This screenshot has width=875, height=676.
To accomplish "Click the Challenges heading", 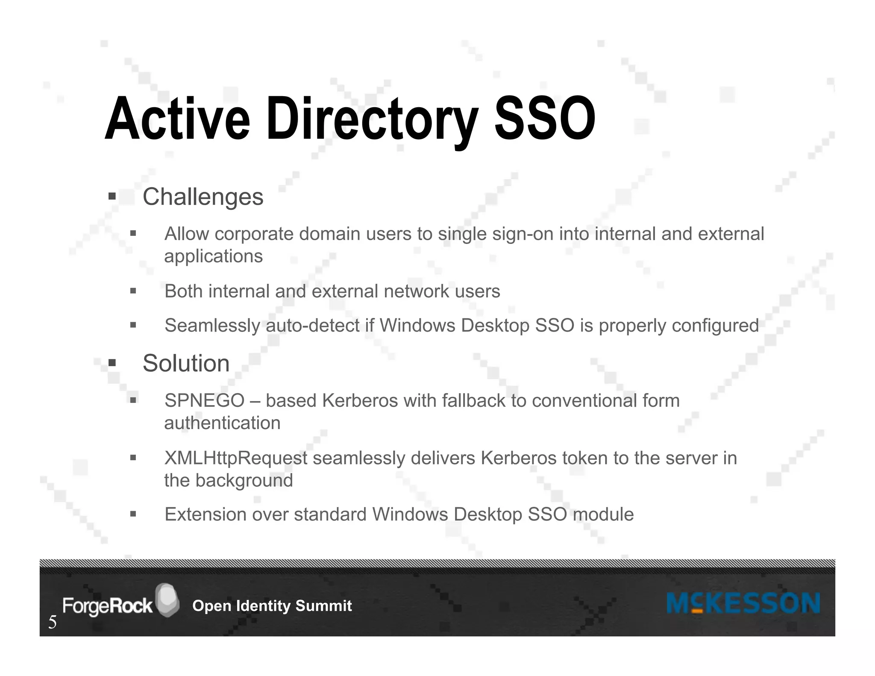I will click(x=203, y=197).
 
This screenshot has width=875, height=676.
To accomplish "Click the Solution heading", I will click(x=186, y=363).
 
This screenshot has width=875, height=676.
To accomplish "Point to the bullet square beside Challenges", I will click(x=112, y=197).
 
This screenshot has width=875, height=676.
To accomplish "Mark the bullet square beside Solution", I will click(x=112, y=363).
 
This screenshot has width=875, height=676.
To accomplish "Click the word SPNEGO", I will click(x=204, y=401).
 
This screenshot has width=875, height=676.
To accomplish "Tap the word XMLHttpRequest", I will click(x=235, y=458).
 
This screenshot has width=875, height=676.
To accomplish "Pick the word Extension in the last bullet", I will click(x=205, y=514).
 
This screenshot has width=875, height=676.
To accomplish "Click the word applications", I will click(x=213, y=256).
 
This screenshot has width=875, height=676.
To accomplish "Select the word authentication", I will click(x=222, y=423).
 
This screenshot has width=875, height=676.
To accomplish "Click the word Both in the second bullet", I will click(x=184, y=291).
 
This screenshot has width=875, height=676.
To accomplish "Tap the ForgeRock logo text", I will click(x=107, y=606).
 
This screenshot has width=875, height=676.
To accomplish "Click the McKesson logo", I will click(x=743, y=603).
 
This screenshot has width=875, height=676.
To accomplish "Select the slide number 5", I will click(x=52, y=622).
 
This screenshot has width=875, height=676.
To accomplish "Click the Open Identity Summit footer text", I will click(x=272, y=606).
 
